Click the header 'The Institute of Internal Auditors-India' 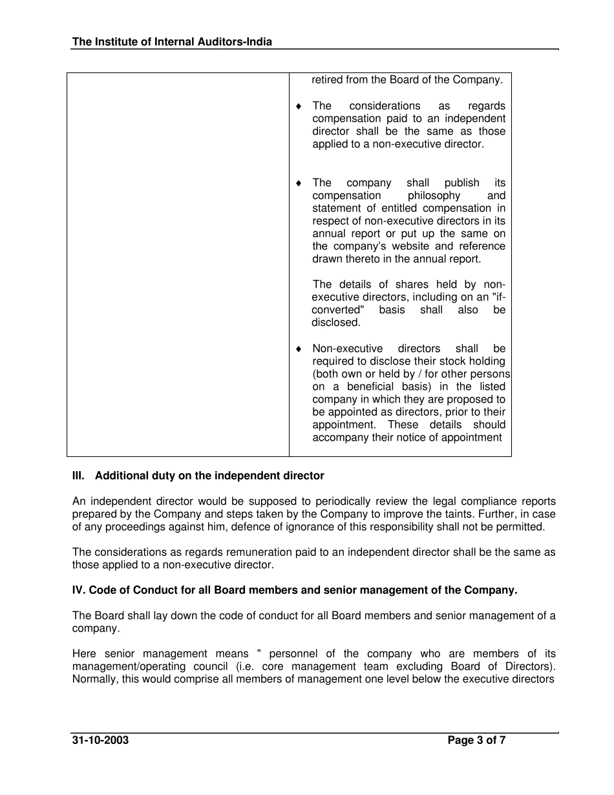[172, 42]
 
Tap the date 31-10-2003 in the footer [100, 741]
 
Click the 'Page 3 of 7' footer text [476, 741]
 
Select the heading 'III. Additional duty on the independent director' [198, 476]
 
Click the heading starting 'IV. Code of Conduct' [295, 590]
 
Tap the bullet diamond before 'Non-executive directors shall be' [299, 349]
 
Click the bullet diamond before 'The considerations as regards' [299, 106]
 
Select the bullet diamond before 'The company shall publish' [299, 183]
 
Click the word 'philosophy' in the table [434, 195]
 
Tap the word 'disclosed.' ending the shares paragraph [336, 323]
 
